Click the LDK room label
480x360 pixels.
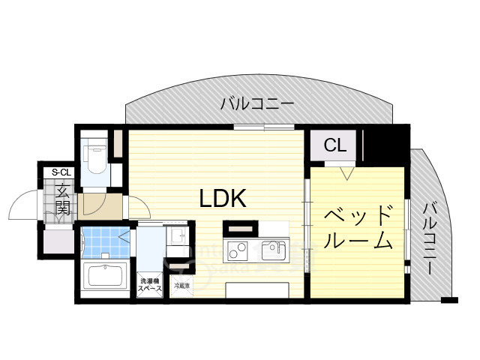(x=223, y=198)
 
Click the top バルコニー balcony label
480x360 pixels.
(x=256, y=104)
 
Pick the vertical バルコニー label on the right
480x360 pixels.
(x=430, y=238)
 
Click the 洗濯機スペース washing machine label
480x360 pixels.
(x=148, y=286)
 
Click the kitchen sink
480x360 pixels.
(x=273, y=248)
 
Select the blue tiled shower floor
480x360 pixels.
(x=104, y=241)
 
